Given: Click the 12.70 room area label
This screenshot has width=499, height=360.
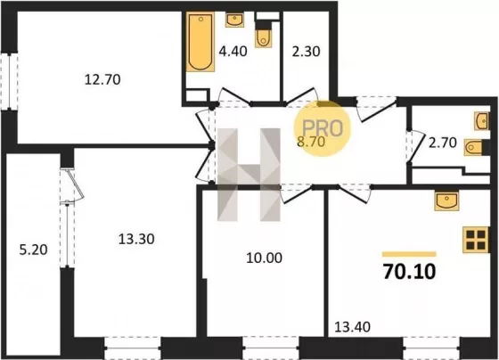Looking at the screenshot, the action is (x=102, y=79).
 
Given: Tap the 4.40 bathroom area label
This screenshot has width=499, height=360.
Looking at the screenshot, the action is (x=233, y=52).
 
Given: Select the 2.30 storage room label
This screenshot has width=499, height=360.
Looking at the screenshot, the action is (x=306, y=52).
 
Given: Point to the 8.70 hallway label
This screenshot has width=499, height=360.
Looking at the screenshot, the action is (x=311, y=142).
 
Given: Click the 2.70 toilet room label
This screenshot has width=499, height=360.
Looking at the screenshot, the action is (x=443, y=143).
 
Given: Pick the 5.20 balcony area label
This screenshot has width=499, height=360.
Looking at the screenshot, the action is (x=34, y=250).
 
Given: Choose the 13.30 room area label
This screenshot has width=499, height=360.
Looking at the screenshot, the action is (x=136, y=239).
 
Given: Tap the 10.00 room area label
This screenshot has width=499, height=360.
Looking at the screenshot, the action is (x=264, y=258).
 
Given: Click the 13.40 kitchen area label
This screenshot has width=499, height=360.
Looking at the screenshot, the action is (x=353, y=327).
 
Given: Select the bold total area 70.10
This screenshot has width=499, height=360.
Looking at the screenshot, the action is (x=409, y=272).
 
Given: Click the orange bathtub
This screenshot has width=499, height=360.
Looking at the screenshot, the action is (x=200, y=42).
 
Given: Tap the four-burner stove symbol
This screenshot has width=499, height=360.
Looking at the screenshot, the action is (x=476, y=240).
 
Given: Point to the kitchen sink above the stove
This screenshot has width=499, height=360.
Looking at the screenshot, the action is (x=446, y=201).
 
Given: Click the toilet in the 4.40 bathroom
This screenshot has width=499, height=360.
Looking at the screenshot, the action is (x=263, y=35).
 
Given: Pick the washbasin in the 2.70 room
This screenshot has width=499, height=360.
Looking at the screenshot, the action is (x=482, y=121).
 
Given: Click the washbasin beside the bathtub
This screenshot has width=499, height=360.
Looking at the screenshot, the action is (x=235, y=20).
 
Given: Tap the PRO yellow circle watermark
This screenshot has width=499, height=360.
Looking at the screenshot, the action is (x=322, y=128).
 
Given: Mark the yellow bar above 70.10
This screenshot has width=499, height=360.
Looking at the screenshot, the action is (x=409, y=254).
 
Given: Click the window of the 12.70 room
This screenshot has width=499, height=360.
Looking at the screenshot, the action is (x=9, y=82).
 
